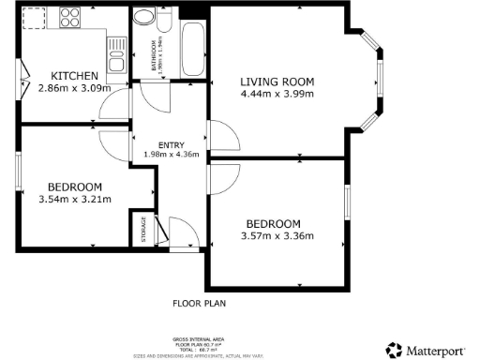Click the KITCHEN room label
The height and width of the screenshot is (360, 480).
click(x=74, y=76)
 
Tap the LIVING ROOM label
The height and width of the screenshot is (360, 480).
click(x=276, y=82)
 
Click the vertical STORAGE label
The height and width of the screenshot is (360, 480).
click(x=143, y=230)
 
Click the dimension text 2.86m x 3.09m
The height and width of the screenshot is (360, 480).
click(x=74, y=89)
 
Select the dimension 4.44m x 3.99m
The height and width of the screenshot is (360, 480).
click(x=276, y=94)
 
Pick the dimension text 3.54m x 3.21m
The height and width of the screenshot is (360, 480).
click(x=75, y=199)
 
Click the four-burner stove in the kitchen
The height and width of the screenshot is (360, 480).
click(x=70, y=16)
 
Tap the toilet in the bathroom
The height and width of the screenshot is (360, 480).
click(x=145, y=21)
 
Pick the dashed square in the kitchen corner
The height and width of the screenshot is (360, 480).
click(x=34, y=17)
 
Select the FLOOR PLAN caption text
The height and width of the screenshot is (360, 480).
click(x=200, y=304)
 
